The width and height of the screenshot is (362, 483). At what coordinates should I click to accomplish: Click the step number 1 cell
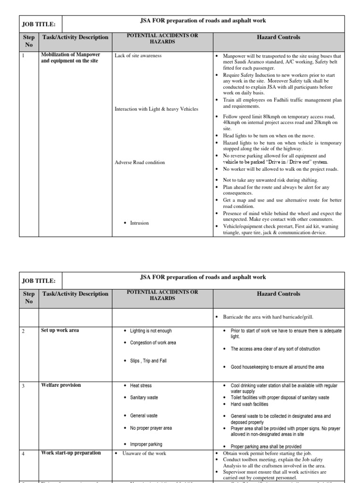(23, 55)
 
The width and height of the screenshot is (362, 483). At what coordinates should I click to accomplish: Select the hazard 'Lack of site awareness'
(138, 55)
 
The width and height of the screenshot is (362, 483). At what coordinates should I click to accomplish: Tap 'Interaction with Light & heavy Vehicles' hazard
(156, 109)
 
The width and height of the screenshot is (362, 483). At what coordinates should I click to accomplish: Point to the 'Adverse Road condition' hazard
(140, 162)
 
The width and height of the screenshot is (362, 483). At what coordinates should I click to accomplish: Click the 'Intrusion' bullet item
(140, 223)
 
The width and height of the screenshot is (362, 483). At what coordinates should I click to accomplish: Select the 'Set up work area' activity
(60, 330)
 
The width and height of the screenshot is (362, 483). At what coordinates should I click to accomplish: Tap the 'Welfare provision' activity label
(61, 385)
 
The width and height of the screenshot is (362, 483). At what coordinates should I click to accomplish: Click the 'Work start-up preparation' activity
(71, 453)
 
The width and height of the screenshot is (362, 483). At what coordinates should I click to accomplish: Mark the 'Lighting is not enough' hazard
(151, 331)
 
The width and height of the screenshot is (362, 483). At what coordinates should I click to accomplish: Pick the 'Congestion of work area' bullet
(153, 342)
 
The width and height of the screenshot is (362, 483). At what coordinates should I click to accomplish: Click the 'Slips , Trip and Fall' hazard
(148, 361)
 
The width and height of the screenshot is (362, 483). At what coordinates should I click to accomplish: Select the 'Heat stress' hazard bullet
(141, 385)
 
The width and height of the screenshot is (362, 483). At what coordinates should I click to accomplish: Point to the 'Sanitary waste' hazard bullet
(144, 398)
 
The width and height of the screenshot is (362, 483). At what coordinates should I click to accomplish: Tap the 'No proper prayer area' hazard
(151, 428)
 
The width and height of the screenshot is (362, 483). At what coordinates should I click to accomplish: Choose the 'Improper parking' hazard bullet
(146, 444)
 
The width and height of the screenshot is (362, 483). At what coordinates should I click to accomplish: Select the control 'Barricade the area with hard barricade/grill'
(268, 316)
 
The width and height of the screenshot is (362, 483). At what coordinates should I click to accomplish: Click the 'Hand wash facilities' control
(249, 404)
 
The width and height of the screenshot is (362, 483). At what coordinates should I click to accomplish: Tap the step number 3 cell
(23, 385)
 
